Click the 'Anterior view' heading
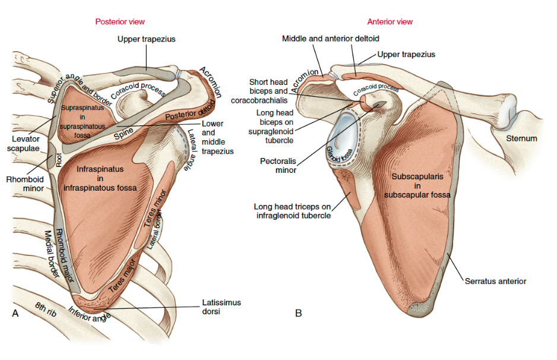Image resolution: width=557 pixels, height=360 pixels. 390,21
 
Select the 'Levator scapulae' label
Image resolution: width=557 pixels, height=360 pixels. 23,143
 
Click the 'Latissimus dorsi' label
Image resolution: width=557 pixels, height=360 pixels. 221,307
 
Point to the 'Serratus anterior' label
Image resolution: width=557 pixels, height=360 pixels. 495,281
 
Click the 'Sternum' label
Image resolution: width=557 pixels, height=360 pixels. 521,138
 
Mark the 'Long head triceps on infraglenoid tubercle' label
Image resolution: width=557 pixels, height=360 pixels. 292,211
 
